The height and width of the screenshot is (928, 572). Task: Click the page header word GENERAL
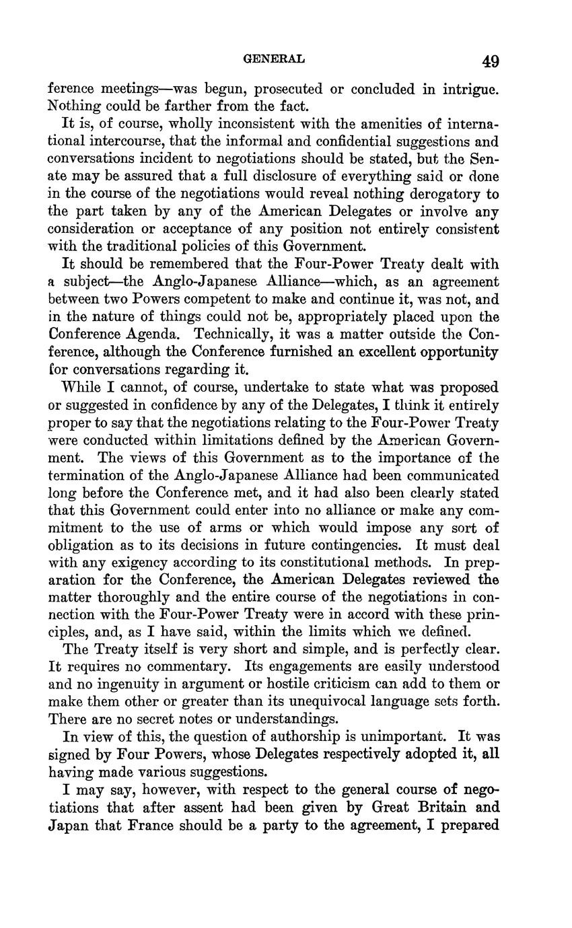click(273, 59)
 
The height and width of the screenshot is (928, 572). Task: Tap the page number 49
click(490, 61)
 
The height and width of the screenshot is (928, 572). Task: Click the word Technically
click(229, 334)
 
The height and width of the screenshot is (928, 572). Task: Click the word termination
click(91, 475)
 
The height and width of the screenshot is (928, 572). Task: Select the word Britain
click(435, 807)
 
